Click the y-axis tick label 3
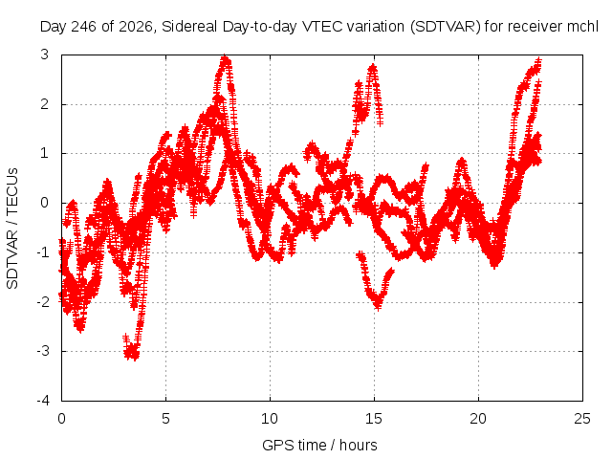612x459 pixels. coord(45,55)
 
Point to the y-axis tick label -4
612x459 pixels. coord(43,401)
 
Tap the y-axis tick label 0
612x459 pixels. coord(45,203)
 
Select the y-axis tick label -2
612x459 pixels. coord(43,302)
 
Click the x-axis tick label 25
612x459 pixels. coord(582,419)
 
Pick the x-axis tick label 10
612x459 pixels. coord(270,419)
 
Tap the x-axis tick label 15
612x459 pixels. coord(374,419)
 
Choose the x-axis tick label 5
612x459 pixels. coord(165,419)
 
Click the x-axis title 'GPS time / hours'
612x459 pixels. coord(319,445)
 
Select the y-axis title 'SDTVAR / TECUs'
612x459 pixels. coord(12,229)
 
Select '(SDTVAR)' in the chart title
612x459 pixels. coord(445,27)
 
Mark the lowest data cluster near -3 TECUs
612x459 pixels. coord(132,351)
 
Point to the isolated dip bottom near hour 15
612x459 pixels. coord(378,304)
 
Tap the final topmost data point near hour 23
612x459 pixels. coord(539,61)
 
